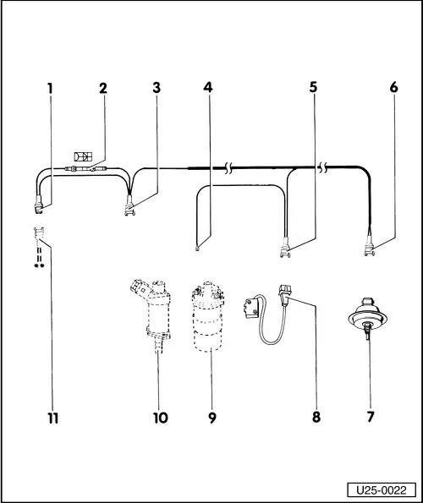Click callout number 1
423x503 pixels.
[x=49, y=87]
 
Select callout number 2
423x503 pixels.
[x=103, y=87]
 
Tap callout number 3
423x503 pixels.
[x=157, y=87]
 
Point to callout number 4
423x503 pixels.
[x=207, y=87]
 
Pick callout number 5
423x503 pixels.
[x=313, y=87]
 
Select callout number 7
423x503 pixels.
[x=368, y=417]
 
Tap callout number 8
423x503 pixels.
[x=315, y=417]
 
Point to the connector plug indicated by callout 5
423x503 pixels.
[x=286, y=249]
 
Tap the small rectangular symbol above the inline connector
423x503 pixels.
[x=83, y=156]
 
